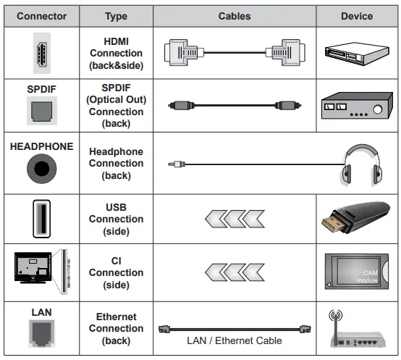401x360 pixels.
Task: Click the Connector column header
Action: point(42,16)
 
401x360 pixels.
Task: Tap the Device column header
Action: point(356,16)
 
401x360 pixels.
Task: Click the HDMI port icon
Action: point(41,52)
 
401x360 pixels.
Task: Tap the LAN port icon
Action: point(41,332)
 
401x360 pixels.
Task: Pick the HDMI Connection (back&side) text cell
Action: point(116,53)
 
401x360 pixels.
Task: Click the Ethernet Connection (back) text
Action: point(116,328)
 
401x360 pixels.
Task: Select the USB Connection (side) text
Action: point(116,219)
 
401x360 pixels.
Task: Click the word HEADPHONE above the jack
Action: point(42,146)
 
